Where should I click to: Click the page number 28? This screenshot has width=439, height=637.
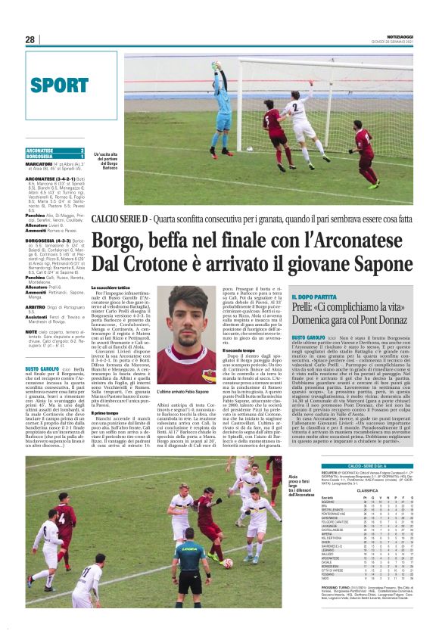coord(30,39)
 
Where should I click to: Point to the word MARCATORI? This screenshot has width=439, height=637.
coord(39,163)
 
